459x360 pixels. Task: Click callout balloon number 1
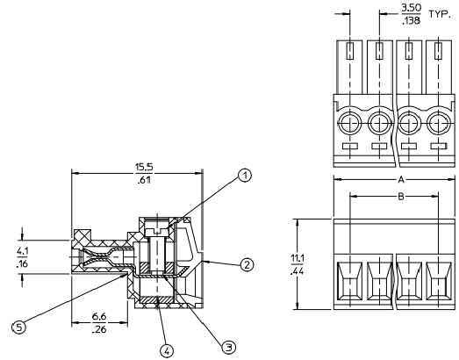coord(245,176)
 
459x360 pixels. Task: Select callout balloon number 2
coord(247,265)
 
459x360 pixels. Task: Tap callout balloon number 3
coord(229,348)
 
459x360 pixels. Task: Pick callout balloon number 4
coord(167,350)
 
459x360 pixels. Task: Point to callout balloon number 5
coord(18,328)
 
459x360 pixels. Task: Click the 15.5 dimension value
coord(144,167)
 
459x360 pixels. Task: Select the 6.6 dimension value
coord(99,317)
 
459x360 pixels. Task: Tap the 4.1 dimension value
coord(22,251)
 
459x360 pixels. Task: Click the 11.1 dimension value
coord(298,259)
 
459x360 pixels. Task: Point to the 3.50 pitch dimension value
coord(412,8)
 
